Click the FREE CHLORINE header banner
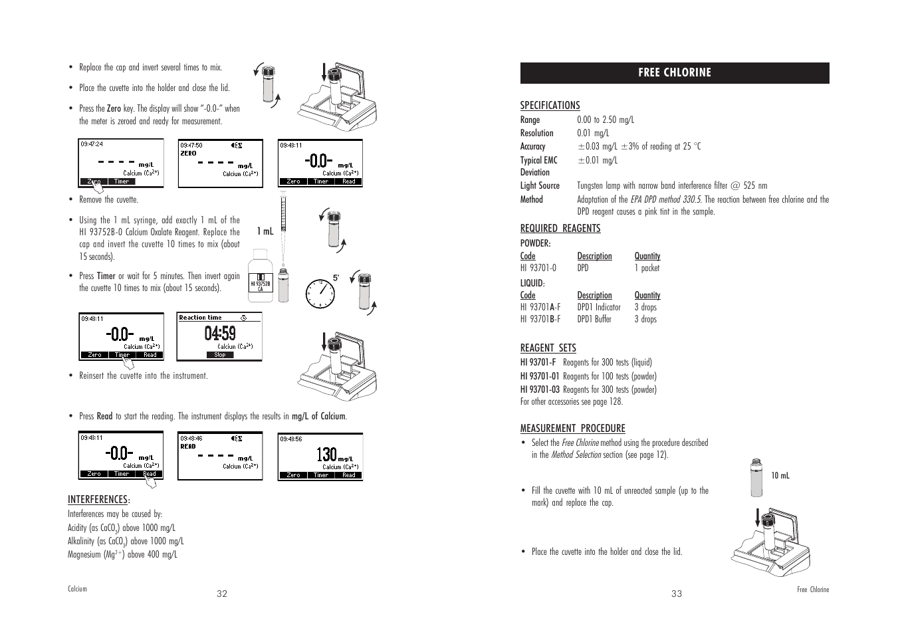click(x=674, y=73)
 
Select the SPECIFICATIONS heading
click(x=550, y=105)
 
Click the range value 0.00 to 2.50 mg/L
click(x=605, y=120)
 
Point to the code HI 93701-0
click(x=538, y=268)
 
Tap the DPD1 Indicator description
click(x=598, y=307)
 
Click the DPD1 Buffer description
click(x=594, y=319)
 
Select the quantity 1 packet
click(x=647, y=268)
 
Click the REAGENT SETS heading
click(x=548, y=348)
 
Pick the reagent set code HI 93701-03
click(x=540, y=389)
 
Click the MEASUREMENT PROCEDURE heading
click(x=572, y=428)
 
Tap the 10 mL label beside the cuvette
click(x=780, y=475)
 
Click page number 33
click(x=676, y=593)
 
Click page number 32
click(x=222, y=593)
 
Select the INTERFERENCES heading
click(x=98, y=499)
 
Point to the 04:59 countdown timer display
click(x=220, y=334)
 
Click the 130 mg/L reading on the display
click(x=327, y=455)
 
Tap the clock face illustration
click(x=320, y=292)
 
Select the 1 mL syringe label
click(x=265, y=231)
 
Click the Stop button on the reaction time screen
click(x=219, y=355)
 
